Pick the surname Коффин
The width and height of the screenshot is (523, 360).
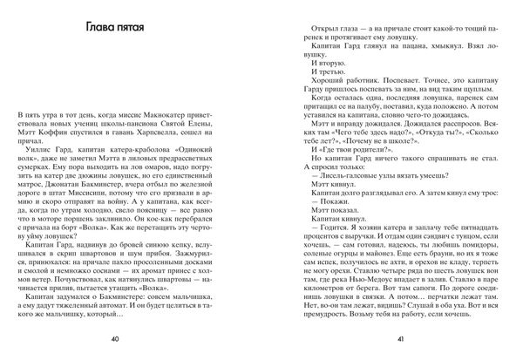(x=77, y=126)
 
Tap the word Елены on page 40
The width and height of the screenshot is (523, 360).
(x=219, y=115)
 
